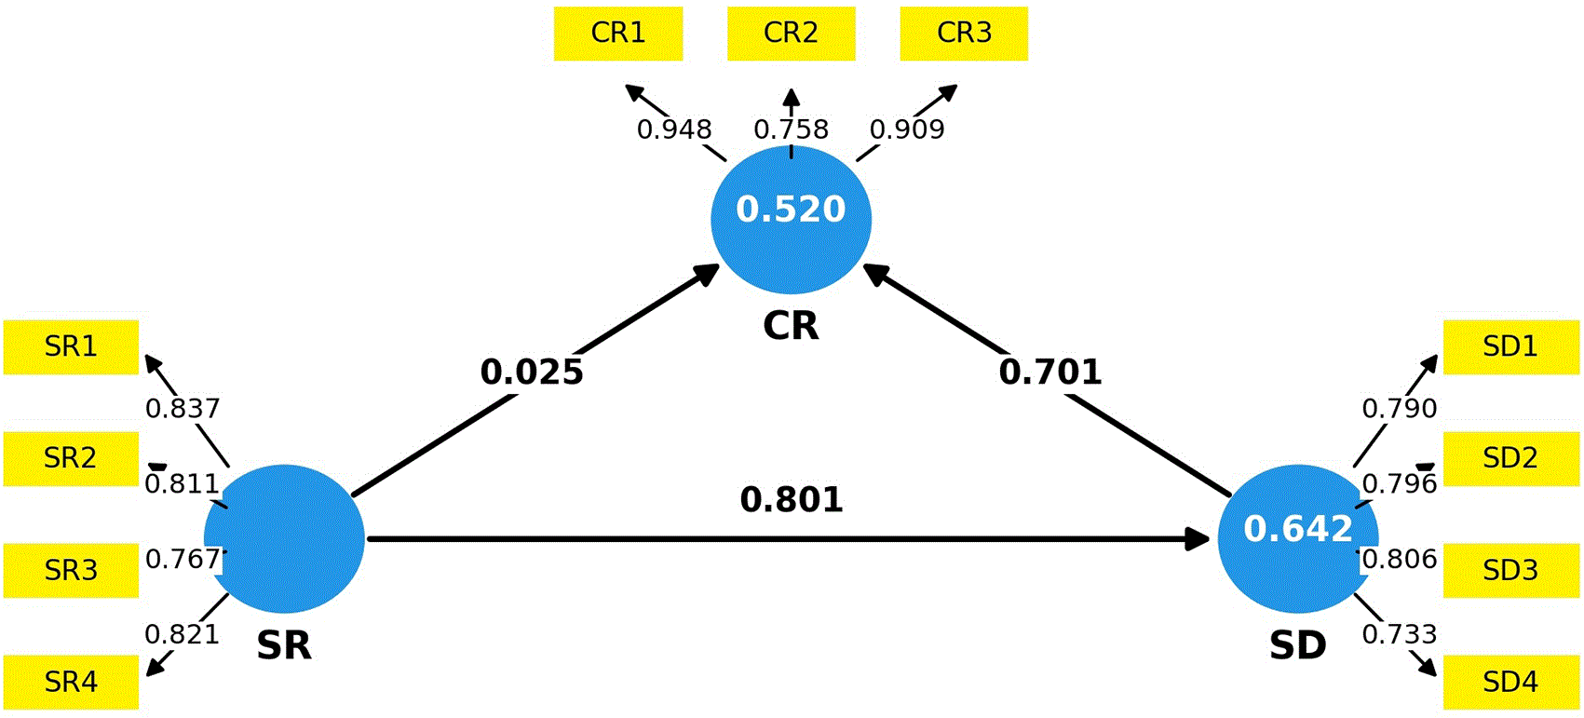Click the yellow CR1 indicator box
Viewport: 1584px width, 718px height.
(618, 34)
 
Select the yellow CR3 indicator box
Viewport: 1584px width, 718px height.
(964, 34)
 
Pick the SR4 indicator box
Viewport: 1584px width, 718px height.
(71, 683)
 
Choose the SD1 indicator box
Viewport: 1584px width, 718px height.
(1511, 347)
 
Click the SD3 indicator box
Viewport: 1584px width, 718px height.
(1511, 571)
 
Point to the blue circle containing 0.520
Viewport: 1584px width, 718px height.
(792, 220)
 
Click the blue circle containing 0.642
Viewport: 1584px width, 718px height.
(1298, 538)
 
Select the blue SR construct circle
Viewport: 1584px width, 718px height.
(284, 538)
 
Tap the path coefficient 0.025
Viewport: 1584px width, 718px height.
(532, 373)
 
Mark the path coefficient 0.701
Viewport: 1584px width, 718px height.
(1050, 373)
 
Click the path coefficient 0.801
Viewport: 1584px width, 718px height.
(792, 499)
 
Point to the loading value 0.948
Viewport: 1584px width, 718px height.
(674, 129)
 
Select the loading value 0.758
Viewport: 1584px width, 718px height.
(791, 129)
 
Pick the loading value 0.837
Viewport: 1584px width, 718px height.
(183, 408)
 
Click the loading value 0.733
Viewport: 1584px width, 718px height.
(1400, 634)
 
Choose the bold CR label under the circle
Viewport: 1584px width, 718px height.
(791, 326)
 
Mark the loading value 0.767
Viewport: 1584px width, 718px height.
(183, 559)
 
